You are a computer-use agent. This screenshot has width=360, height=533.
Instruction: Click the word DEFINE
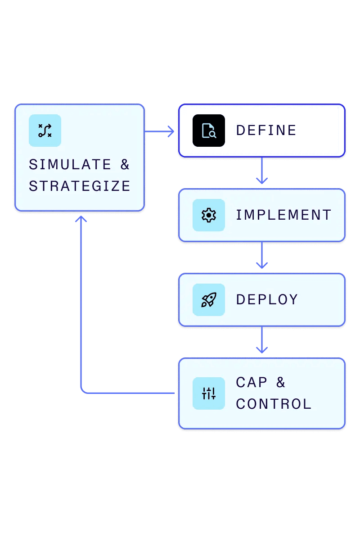[266, 131]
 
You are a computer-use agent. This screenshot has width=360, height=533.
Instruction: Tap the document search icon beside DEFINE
[209, 131]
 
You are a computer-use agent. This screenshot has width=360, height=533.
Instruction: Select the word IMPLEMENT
[283, 215]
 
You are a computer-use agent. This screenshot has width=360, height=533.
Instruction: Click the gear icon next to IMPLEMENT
[209, 215]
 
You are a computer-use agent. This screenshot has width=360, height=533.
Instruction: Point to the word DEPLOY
[267, 300]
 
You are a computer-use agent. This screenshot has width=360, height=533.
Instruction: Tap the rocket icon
[209, 300]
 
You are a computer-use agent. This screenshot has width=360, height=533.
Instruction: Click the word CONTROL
[274, 404]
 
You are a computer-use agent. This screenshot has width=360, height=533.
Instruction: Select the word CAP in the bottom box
[252, 383]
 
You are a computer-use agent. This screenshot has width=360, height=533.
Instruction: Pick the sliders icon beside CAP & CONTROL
[209, 393]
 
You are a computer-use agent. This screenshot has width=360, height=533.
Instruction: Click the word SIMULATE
[70, 165]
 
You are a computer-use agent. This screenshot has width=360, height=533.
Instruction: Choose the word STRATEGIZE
[80, 186]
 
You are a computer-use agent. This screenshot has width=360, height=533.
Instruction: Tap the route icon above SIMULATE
[45, 131]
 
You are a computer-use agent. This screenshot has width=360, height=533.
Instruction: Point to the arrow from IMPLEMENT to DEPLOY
[262, 257]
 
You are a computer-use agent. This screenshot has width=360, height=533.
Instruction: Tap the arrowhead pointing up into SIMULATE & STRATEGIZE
[81, 218]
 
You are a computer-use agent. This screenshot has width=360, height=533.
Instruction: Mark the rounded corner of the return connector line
[83, 391]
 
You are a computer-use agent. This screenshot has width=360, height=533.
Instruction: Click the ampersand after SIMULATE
[125, 165]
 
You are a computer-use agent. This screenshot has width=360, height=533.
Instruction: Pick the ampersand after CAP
[281, 383]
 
